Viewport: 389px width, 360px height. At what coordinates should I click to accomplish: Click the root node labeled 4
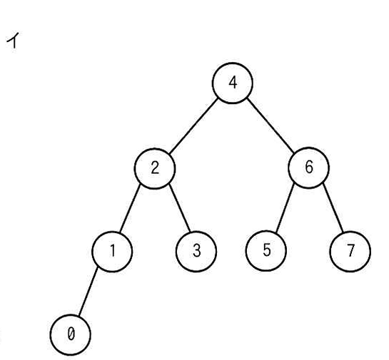233,83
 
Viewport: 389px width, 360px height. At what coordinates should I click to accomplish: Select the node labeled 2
155,168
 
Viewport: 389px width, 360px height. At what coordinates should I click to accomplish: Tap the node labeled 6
308,168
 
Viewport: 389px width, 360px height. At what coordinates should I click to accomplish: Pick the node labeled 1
112,252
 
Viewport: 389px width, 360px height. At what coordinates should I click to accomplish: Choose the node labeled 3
196,252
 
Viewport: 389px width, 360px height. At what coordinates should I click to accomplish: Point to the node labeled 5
266,251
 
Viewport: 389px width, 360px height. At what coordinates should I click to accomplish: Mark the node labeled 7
350,252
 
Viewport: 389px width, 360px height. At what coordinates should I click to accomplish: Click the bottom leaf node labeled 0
71,335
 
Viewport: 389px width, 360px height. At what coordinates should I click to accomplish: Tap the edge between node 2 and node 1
130,208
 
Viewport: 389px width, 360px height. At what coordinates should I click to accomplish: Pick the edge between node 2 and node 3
180,208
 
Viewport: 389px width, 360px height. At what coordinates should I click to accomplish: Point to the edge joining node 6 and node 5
285,207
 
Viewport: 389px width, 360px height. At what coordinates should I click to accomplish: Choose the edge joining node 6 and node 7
333,208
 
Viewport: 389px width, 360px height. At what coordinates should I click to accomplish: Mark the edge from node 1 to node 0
88,292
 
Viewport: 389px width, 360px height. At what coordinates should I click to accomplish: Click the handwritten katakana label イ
13,40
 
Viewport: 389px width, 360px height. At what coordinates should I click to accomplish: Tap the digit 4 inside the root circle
233,83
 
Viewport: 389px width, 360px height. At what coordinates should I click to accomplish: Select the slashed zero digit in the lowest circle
71,334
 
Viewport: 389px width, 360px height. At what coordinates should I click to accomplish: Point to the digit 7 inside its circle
350,251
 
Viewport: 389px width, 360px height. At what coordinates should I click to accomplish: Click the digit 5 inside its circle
266,250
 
